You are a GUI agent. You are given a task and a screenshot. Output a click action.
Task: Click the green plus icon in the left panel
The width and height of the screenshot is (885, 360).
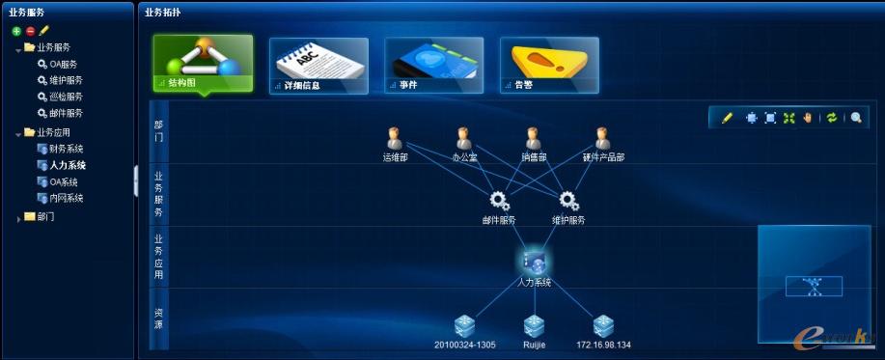click(x=16, y=31)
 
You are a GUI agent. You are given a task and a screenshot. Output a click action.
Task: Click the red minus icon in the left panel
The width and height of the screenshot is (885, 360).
click(x=30, y=31)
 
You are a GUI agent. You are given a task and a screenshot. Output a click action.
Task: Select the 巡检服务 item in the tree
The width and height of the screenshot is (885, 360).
click(x=66, y=97)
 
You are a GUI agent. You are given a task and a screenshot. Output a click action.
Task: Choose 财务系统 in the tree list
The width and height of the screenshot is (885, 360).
click(x=66, y=149)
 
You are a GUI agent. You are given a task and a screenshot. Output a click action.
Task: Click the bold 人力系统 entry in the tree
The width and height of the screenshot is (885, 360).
click(x=68, y=165)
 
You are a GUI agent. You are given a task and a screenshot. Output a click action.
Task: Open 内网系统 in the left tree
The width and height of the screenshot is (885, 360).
click(x=66, y=198)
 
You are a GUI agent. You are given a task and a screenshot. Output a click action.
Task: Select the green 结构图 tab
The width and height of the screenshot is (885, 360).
click(x=203, y=64)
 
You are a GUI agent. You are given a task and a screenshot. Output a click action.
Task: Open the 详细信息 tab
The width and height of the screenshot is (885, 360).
click(x=318, y=66)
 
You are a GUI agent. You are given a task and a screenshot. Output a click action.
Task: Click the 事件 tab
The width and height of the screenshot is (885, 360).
click(x=433, y=66)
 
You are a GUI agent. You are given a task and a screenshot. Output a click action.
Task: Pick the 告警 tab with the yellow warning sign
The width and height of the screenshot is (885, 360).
click(x=549, y=66)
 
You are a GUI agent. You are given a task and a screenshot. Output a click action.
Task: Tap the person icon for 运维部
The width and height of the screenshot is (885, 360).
click(x=394, y=138)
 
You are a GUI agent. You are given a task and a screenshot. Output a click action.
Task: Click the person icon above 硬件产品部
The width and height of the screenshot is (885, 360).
click(x=603, y=138)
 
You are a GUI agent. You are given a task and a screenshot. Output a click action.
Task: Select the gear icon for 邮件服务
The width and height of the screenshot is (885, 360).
click(x=499, y=200)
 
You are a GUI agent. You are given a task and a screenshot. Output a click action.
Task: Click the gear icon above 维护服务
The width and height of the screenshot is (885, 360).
click(x=568, y=200)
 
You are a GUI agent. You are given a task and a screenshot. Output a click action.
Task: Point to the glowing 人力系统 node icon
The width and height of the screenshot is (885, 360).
click(x=534, y=261)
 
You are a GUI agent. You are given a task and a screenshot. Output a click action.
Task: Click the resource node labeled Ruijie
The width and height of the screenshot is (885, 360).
click(x=535, y=325)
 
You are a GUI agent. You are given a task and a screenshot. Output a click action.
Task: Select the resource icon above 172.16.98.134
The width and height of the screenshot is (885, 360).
click(x=604, y=325)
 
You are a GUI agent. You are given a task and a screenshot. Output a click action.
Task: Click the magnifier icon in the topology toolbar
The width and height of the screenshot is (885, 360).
click(x=855, y=118)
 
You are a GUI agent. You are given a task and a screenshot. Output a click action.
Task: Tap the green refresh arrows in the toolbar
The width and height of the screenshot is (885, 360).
click(x=831, y=118)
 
